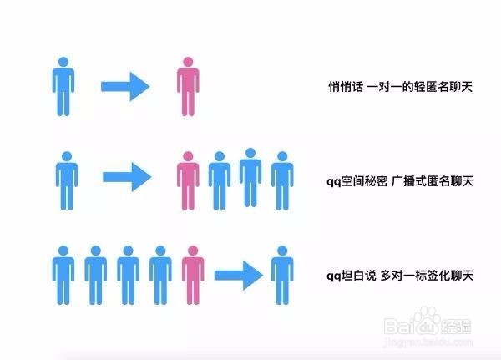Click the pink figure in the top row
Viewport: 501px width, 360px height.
[x=188, y=86]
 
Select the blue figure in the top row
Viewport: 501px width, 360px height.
[x=63, y=86]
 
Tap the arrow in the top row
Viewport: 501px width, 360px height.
[x=125, y=86]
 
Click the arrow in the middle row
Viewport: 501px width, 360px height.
[x=127, y=177]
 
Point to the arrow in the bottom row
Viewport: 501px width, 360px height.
[x=238, y=276]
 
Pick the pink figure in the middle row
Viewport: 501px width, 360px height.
[x=188, y=181]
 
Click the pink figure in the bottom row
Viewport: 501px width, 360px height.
[x=193, y=276]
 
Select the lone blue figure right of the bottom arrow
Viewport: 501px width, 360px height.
[x=282, y=276]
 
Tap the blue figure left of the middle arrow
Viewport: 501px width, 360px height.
[x=67, y=181]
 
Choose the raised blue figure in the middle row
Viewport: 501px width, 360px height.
[x=250, y=177]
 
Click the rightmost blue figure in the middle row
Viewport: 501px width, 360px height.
[x=282, y=181]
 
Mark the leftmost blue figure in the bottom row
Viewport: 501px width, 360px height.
[x=63, y=276]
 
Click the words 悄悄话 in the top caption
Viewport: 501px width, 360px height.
[x=346, y=87]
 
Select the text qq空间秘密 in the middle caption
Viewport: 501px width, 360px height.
[x=357, y=181]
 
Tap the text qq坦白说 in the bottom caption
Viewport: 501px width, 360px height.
[x=352, y=276]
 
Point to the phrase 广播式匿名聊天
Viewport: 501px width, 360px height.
[x=433, y=181]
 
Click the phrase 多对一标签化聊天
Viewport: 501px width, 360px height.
[x=427, y=276]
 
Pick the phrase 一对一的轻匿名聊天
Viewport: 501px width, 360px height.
[x=420, y=87]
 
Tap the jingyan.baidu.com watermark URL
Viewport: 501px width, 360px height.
[x=428, y=342]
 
